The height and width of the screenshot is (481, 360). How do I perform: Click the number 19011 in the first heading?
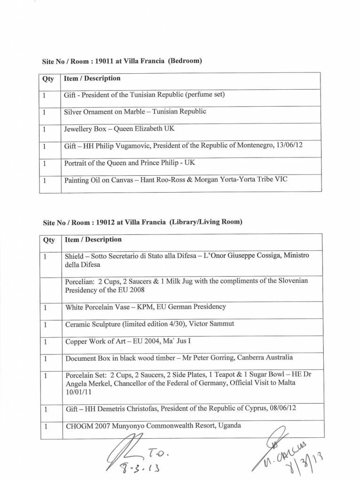point(104,61)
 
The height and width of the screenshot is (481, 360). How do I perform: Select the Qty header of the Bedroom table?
point(48,78)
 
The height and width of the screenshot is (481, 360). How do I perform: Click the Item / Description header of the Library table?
point(93,240)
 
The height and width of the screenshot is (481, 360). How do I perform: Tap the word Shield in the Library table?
point(74,256)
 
